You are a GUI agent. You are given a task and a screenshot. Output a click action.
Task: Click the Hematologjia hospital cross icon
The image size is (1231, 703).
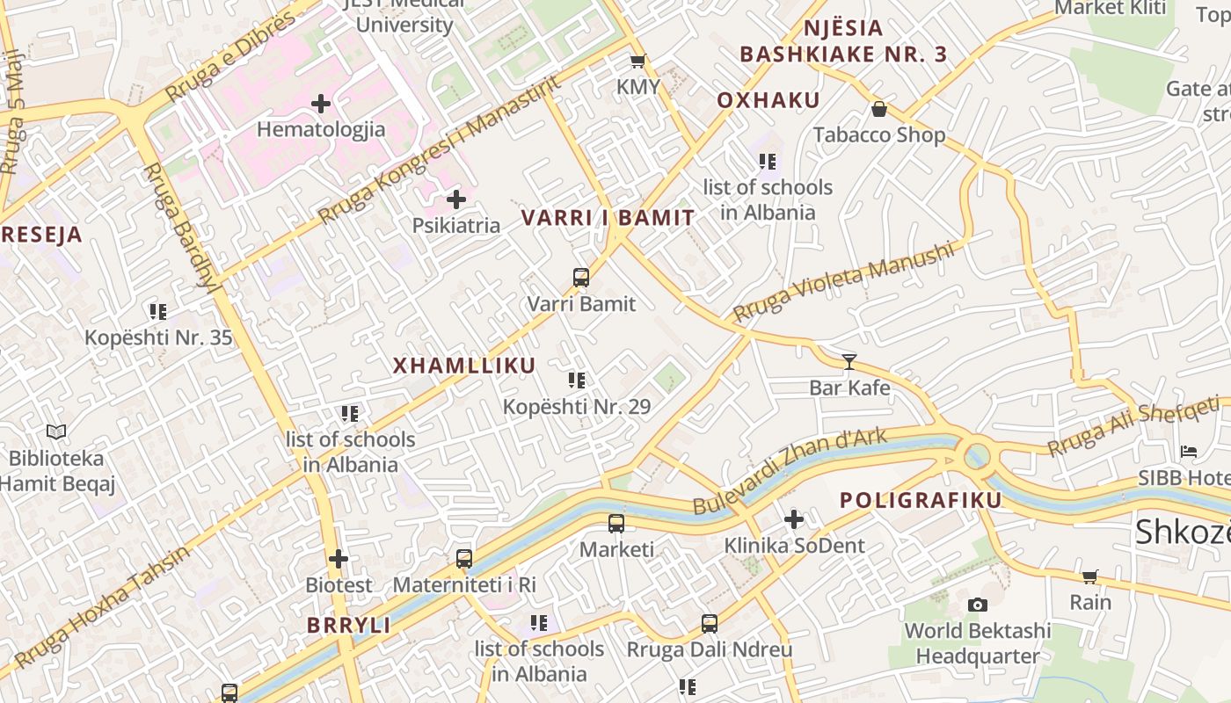(x=321, y=104)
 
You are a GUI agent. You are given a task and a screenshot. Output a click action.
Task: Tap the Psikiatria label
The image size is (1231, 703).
(x=456, y=225)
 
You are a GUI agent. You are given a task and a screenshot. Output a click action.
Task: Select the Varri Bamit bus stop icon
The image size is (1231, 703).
(x=581, y=278)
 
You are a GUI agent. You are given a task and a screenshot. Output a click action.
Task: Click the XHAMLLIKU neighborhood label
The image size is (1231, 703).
(x=463, y=366)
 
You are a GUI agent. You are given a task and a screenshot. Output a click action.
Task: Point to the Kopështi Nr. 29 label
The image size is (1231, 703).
(x=577, y=407)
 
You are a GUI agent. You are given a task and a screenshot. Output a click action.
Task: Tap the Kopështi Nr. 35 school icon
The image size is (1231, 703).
(x=158, y=311)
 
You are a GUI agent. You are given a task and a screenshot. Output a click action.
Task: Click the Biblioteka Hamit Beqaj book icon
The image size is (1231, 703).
(x=56, y=431)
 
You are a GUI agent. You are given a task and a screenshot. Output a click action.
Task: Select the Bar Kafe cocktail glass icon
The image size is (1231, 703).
(x=849, y=361)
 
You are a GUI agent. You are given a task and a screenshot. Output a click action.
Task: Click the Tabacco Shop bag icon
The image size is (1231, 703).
(x=878, y=109)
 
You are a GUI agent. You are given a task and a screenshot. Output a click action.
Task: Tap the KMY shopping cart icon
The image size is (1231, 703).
(x=638, y=61)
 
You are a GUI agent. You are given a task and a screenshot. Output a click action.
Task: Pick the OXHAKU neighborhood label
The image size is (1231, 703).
(x=768, y=100)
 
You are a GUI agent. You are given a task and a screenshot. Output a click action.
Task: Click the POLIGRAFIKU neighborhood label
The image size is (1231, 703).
(x=921, y=500)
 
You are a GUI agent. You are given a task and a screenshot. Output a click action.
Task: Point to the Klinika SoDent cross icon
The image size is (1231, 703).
(x=794, y=519)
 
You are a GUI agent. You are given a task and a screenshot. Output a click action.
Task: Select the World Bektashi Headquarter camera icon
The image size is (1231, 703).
(x=977, y=605)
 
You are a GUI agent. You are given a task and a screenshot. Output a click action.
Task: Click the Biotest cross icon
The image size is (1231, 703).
(x=339, y=559)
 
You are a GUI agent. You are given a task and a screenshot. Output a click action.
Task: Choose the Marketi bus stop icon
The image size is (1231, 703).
(x=616, y=524)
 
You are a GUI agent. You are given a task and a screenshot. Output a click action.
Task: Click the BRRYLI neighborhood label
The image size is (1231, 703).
(x=348, y=625)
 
